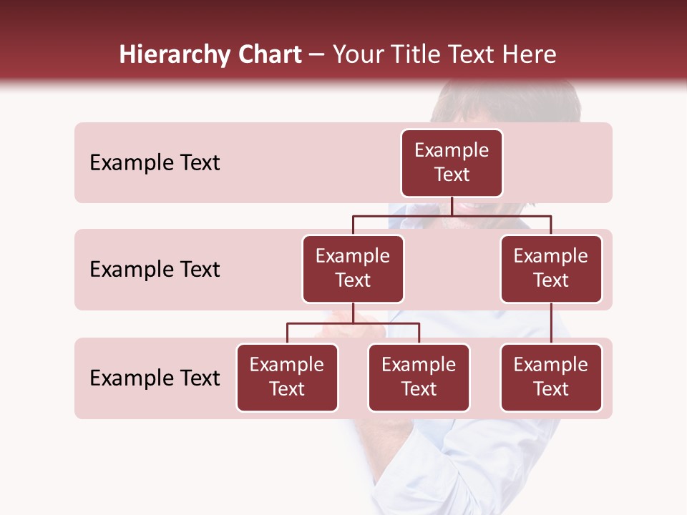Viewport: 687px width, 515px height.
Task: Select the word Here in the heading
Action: [x=530, y=55]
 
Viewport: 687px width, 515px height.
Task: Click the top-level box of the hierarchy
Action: [x=452, y=163]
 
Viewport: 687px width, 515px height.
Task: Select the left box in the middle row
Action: [x=353, y=269]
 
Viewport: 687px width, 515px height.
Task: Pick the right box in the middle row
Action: [x=551, y=269]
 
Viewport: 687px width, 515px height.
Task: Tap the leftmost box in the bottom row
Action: [x=287, y=378]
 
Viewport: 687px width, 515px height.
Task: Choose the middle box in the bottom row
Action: [x=419, y=378]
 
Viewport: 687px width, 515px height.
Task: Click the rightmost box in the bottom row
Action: [x=551, y=378]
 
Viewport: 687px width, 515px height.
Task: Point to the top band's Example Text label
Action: [x=155, y=163]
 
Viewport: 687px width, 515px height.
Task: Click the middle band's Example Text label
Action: [x=155, y=270]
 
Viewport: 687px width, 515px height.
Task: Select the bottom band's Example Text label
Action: [x=155, y=378]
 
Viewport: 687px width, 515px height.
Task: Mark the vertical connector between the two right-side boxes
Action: [x=551, y=323]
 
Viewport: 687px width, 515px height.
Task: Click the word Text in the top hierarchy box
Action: [x=452, y=175]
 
